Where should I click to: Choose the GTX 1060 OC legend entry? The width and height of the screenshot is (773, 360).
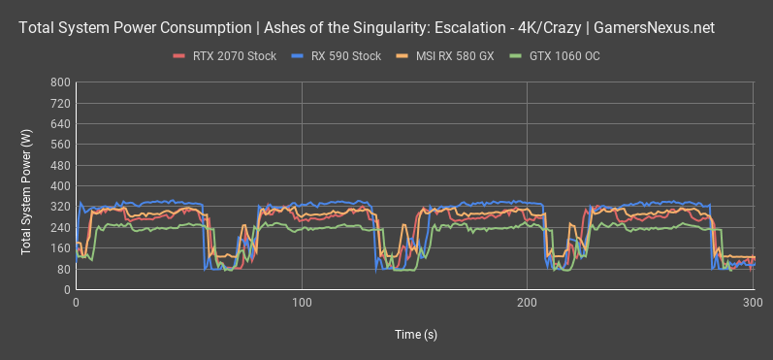(566, 55)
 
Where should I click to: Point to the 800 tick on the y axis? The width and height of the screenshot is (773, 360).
(59, 82)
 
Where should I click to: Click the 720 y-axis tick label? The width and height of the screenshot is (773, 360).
(59, 103)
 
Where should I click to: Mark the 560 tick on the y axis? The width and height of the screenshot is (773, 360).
(59, 145)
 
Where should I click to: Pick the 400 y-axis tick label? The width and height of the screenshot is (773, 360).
(59, 186)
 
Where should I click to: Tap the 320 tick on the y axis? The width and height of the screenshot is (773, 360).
(59, 207)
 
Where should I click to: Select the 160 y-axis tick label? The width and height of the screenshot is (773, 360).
(59, 248)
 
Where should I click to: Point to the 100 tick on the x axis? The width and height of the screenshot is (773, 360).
(302, 304)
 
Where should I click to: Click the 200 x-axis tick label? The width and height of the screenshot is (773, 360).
(527, 304)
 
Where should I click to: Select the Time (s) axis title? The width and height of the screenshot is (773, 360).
(414, 333)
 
